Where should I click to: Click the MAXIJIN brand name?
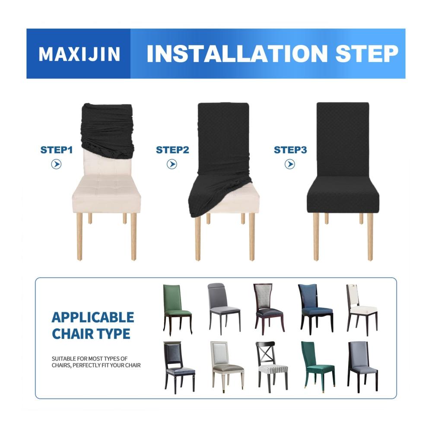(x=79, y=54)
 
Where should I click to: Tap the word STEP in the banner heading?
(x=367, y=54)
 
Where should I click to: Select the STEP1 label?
(x=57, y=150)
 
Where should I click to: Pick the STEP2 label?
(x=172, y=150)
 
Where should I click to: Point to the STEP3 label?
(x=290, y=150)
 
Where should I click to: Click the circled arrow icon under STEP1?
(x=56, y=165)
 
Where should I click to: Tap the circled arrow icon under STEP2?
(x=172, y=165)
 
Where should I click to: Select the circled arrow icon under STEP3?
(x=289, y=165)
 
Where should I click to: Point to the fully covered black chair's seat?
(x=343, y=196)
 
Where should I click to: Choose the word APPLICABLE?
(x=93, y=318)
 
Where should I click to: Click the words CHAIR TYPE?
(x=91, y=334)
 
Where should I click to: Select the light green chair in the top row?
(x=178, y=309)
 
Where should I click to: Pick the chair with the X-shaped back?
(x=272, y=366)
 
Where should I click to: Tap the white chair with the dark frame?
(x=362, y=310)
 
